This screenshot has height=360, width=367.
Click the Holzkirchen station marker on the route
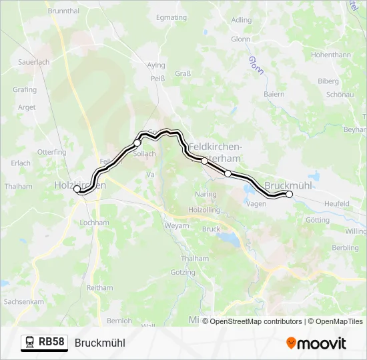click(77, 189)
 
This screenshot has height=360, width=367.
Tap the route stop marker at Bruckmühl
click(289, 194)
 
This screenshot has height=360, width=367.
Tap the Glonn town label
click(241, 39)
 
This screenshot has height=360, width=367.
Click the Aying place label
click(156, 66)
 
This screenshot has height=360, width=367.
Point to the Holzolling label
click(204, 209)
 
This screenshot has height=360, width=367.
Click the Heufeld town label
click(336, 203)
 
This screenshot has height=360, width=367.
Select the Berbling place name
click(345, 247)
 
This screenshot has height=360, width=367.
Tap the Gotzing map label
click(183, 273)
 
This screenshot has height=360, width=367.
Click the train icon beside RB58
click(29, 343)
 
